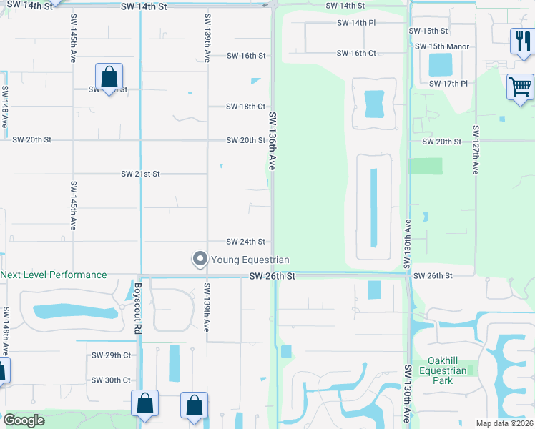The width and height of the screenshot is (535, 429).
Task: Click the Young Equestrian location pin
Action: tap(200, 259)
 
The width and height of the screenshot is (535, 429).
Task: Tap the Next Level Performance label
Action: tap(54, 275)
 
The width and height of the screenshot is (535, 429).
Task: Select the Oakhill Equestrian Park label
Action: tap(447, 370)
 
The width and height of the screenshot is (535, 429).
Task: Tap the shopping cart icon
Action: tap(521, 87)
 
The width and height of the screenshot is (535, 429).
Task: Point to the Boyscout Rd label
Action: tap(137, 308)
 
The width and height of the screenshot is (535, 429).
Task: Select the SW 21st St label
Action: tap(140, 174)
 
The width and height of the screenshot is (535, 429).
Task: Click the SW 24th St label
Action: tap(245, 242)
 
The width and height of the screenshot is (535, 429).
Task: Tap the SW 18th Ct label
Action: tap(245, 107)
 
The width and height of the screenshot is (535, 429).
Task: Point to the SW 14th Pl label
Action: tap(356, 23)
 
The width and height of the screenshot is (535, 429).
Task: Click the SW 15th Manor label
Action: tap(442, 46)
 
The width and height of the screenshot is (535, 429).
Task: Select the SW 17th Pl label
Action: tap(448, 84)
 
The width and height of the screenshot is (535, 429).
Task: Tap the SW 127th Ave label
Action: tap(476, 151)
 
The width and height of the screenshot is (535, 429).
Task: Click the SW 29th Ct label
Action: tap(111, 355)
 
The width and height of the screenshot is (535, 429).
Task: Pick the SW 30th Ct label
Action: tap(111, 380)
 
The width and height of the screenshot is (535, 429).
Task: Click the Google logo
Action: tap(24, 420)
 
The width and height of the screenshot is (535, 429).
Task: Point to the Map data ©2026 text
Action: tap(504, 423)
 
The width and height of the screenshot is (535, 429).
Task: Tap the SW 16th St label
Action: tap(246, 56)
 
